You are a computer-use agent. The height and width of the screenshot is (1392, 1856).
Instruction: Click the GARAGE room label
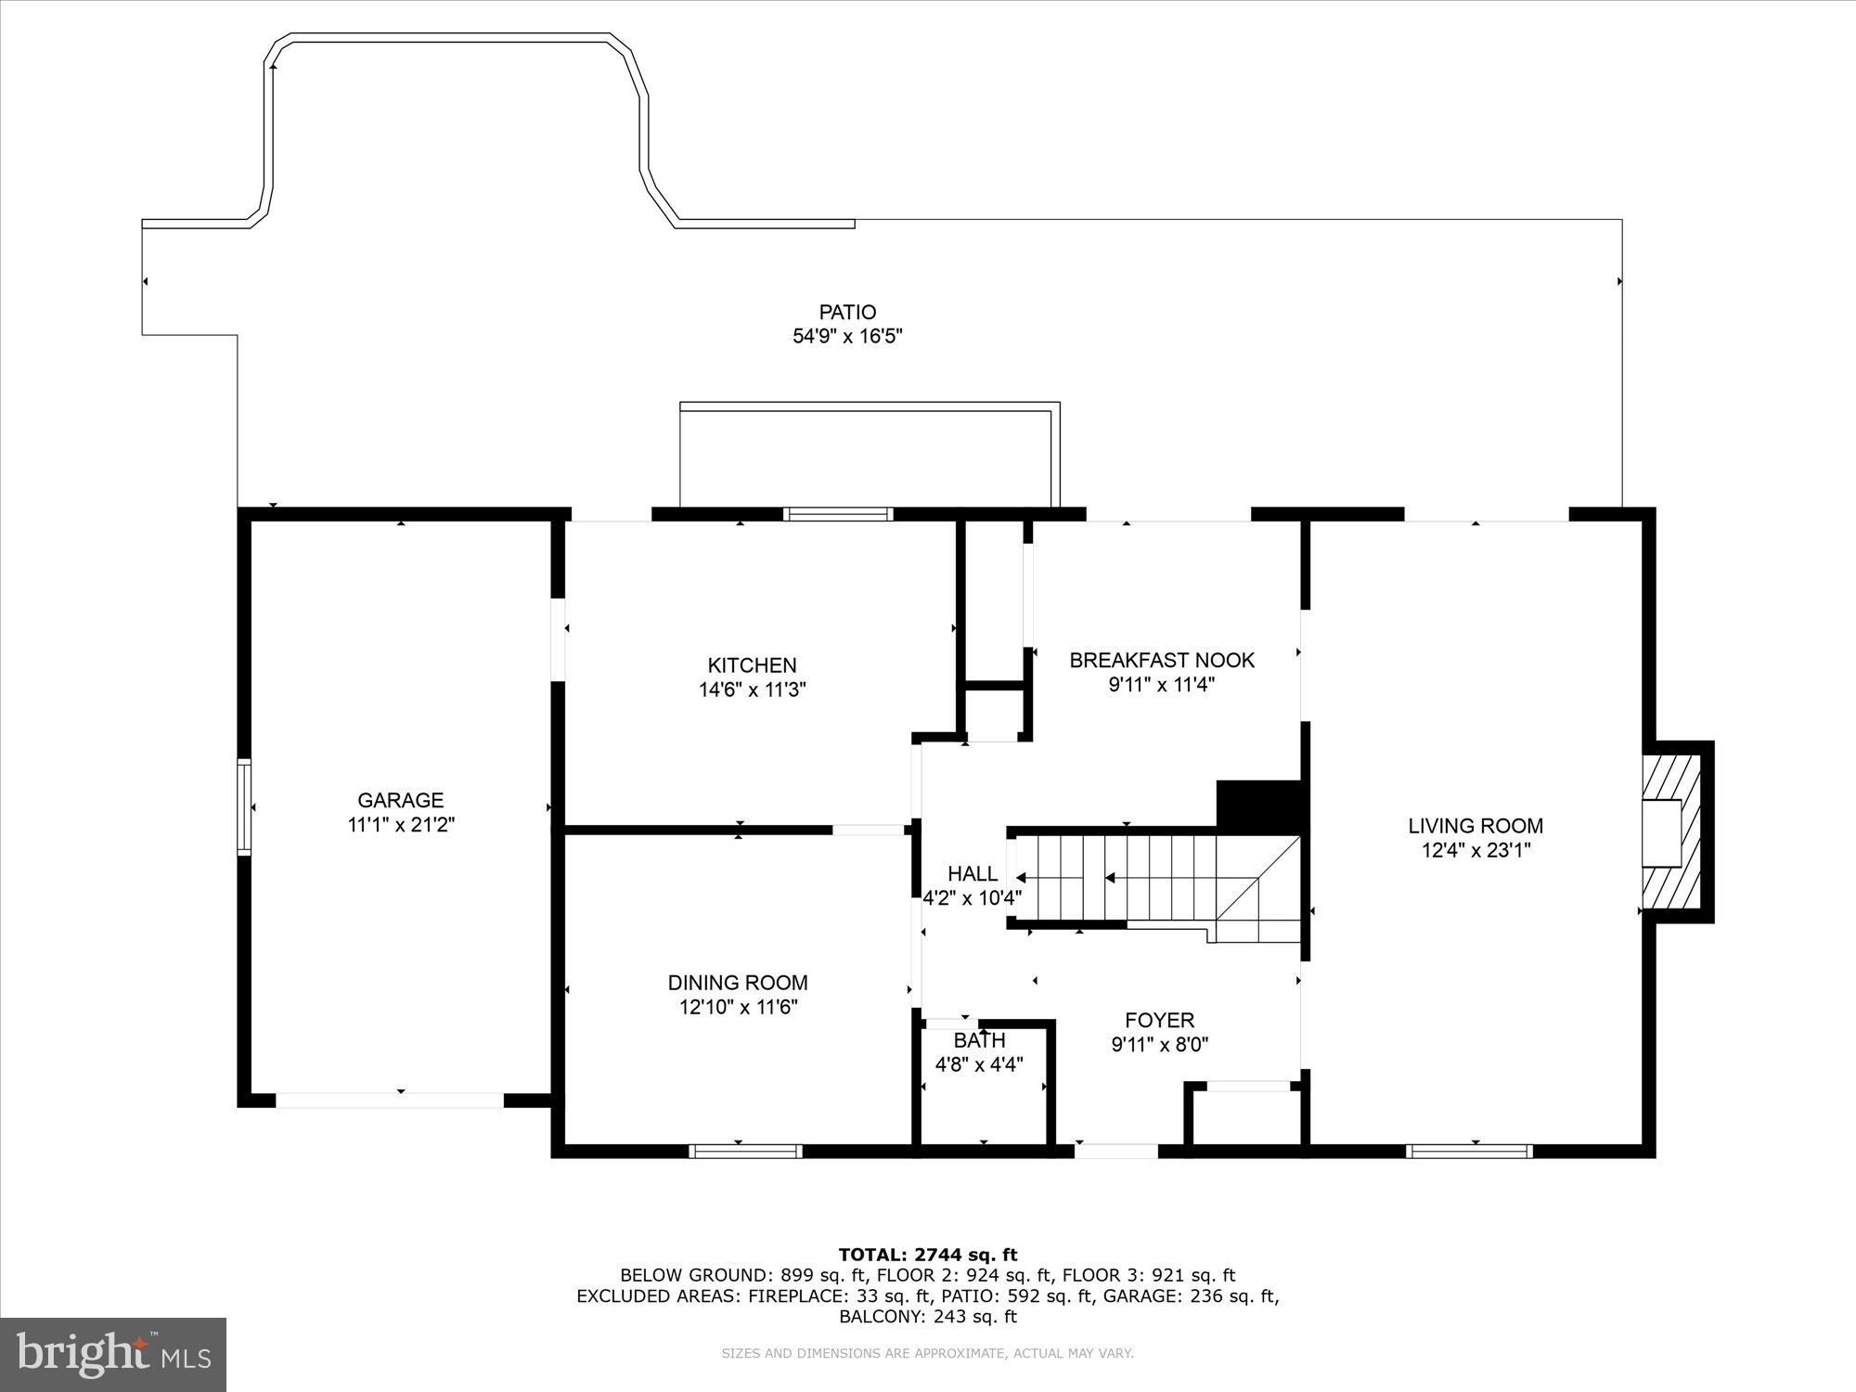click(401, 800)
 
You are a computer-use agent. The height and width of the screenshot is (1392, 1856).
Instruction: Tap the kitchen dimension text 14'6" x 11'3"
click(752, 690)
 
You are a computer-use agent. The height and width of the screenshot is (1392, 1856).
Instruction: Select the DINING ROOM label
click(738, 982)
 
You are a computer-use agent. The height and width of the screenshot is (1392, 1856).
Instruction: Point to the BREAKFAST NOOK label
click(1161, 660)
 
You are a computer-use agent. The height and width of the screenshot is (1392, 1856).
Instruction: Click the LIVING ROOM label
click(1476, 825)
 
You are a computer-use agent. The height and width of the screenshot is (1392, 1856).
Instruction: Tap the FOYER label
click(1159, 1020)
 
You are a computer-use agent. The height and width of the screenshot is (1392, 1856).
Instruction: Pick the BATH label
click(979, 1040)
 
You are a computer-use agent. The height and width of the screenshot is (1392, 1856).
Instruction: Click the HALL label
click(973, 873)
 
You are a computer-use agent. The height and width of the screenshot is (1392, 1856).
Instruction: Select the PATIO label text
click(847, 312)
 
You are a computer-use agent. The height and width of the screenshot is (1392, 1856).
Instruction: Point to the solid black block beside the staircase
click(1259, 805)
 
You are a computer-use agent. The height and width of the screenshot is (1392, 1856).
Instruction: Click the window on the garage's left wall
click(244, 806)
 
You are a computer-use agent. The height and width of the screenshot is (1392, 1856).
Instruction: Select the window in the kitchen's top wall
click(838, 514)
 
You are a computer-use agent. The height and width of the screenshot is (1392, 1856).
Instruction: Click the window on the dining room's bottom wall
click(745, 1151)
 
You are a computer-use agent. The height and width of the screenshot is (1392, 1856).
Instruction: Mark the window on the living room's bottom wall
click(1468, 1151)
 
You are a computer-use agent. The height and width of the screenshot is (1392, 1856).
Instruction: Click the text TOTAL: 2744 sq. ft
click(928, 1255)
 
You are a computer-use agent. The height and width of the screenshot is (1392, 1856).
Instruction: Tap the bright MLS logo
click(113, 1354)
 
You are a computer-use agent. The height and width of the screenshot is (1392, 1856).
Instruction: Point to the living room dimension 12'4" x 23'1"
click(1476, 850)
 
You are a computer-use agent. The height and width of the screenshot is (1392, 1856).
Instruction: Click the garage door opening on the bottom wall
click(390, 1100)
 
